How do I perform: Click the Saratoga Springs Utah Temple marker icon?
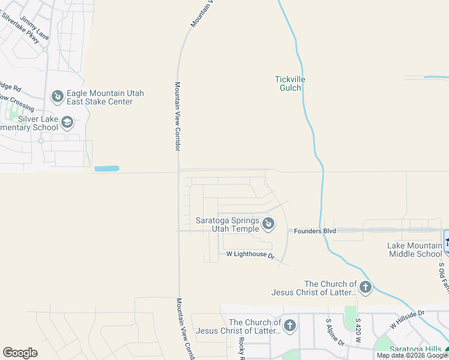click(269, 224)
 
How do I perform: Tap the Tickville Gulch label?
click(288, 83)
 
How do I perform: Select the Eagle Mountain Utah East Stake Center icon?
click(58, 96)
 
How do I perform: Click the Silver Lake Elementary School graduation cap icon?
click(68, 123)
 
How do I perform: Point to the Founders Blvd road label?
click(314, 230)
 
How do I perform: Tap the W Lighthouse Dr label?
click(250, 255)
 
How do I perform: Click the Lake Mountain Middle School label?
click(414, 250)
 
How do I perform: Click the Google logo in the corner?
click(20, 353)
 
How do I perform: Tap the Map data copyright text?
click(412, 355)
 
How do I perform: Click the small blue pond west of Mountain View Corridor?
click(107, 169)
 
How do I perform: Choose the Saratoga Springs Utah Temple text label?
click(228, 224)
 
